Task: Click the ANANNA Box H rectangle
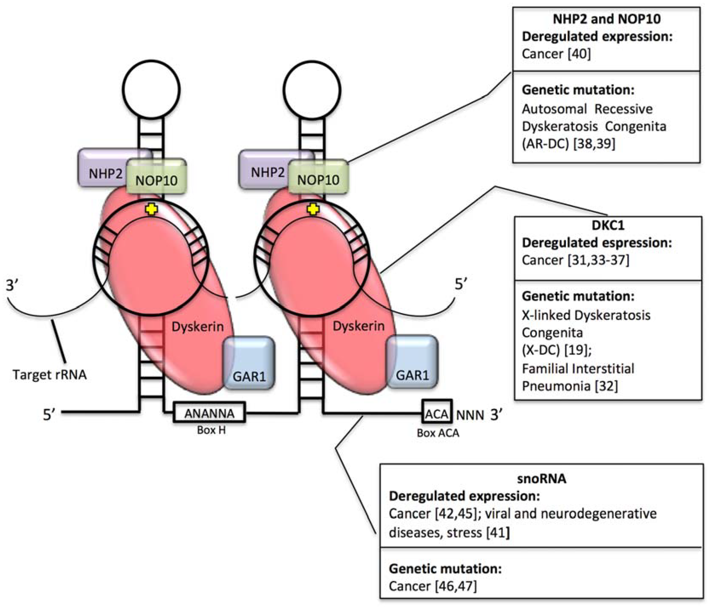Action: (209, 412)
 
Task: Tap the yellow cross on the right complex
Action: (313, 209)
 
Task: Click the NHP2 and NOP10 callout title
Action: (607, 19)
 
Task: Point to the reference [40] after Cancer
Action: (579, 54)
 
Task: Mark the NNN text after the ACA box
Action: (470, 415)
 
